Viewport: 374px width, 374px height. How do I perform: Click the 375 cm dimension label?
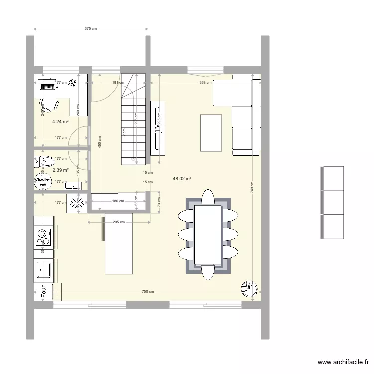[x=90, y=29]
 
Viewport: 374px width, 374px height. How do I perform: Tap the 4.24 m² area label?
[x=60, y=121]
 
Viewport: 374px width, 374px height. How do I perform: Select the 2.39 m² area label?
[x=60, y=170]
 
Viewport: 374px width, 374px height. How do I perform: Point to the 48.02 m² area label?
[x=183, y=178]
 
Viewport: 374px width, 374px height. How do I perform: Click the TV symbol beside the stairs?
[x=158, y=128]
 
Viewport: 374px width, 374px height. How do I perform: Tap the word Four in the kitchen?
[x=44, y=291]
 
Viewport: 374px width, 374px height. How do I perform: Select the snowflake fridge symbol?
[x=77, y=203]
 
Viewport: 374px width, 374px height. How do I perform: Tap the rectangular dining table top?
[x=208, y=235]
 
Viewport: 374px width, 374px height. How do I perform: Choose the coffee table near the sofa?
[x=211, y=132]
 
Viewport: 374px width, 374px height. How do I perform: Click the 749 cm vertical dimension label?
[x=253, y=187]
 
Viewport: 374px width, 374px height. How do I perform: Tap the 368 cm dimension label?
[x=205, y=83]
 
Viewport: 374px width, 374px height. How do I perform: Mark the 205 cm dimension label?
[x=118, y=222]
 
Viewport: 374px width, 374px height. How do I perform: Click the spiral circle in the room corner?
[x=248, y=288]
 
